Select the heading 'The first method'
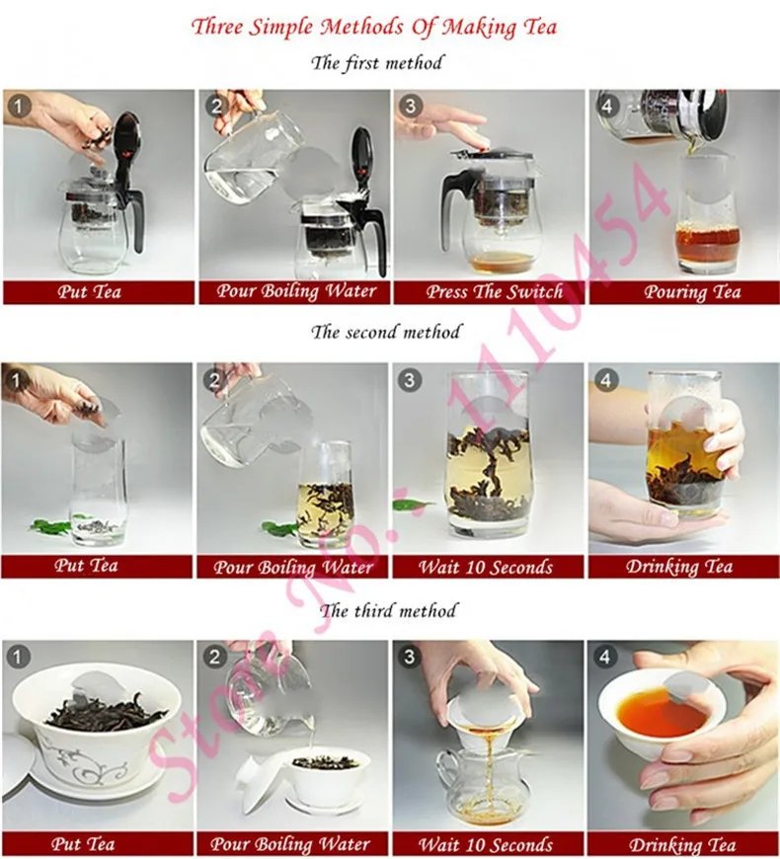point(378,62)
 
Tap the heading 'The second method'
point(386,332)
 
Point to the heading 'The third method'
point(389,610)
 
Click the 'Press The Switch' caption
point(488,292)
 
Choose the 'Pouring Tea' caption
point(682,292)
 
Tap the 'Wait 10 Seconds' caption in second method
point(488,567)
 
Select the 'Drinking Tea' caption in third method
point(682,844)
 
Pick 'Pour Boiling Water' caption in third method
point(292,844)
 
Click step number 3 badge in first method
point(410,106)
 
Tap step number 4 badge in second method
point(604,379)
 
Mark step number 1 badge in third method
point(18,657)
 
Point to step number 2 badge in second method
point(214,379)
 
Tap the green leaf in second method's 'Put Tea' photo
point(47,525)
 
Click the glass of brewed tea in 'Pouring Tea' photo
point(707,222)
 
